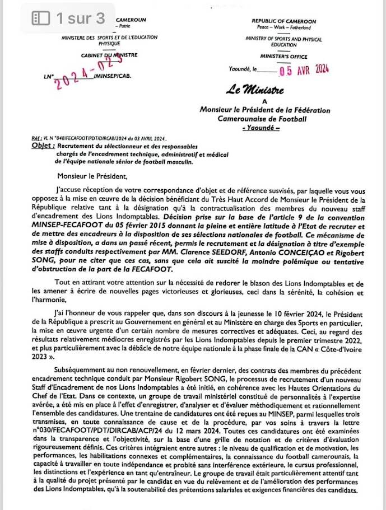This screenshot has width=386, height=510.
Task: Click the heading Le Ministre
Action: [255, 90]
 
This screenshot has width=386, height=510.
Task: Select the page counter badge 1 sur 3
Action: [69, 18]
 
